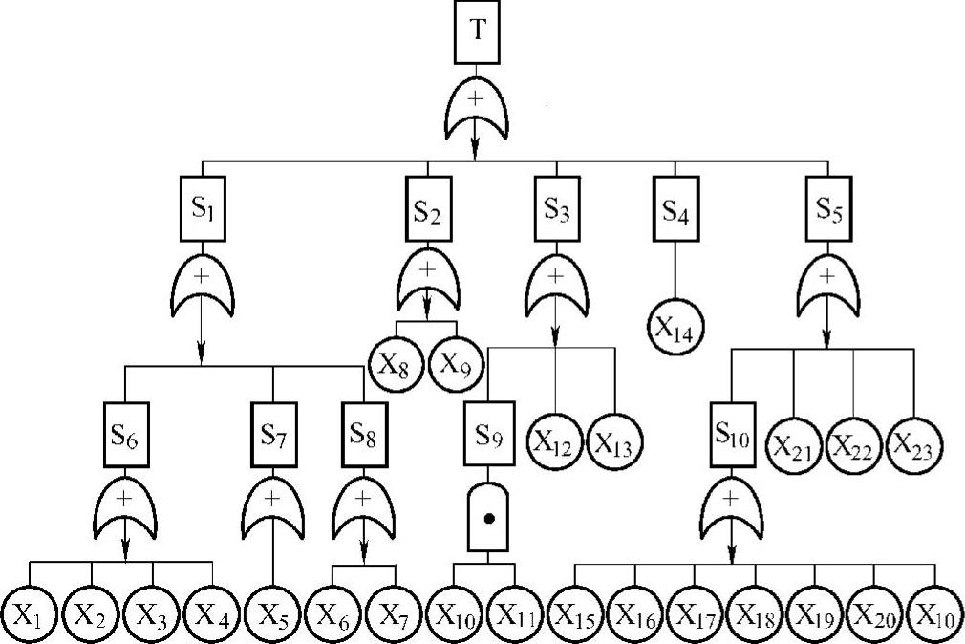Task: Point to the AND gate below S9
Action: pyautogui.click(x=488, y=522)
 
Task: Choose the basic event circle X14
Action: pyautogui.click(x=676, y=328)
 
